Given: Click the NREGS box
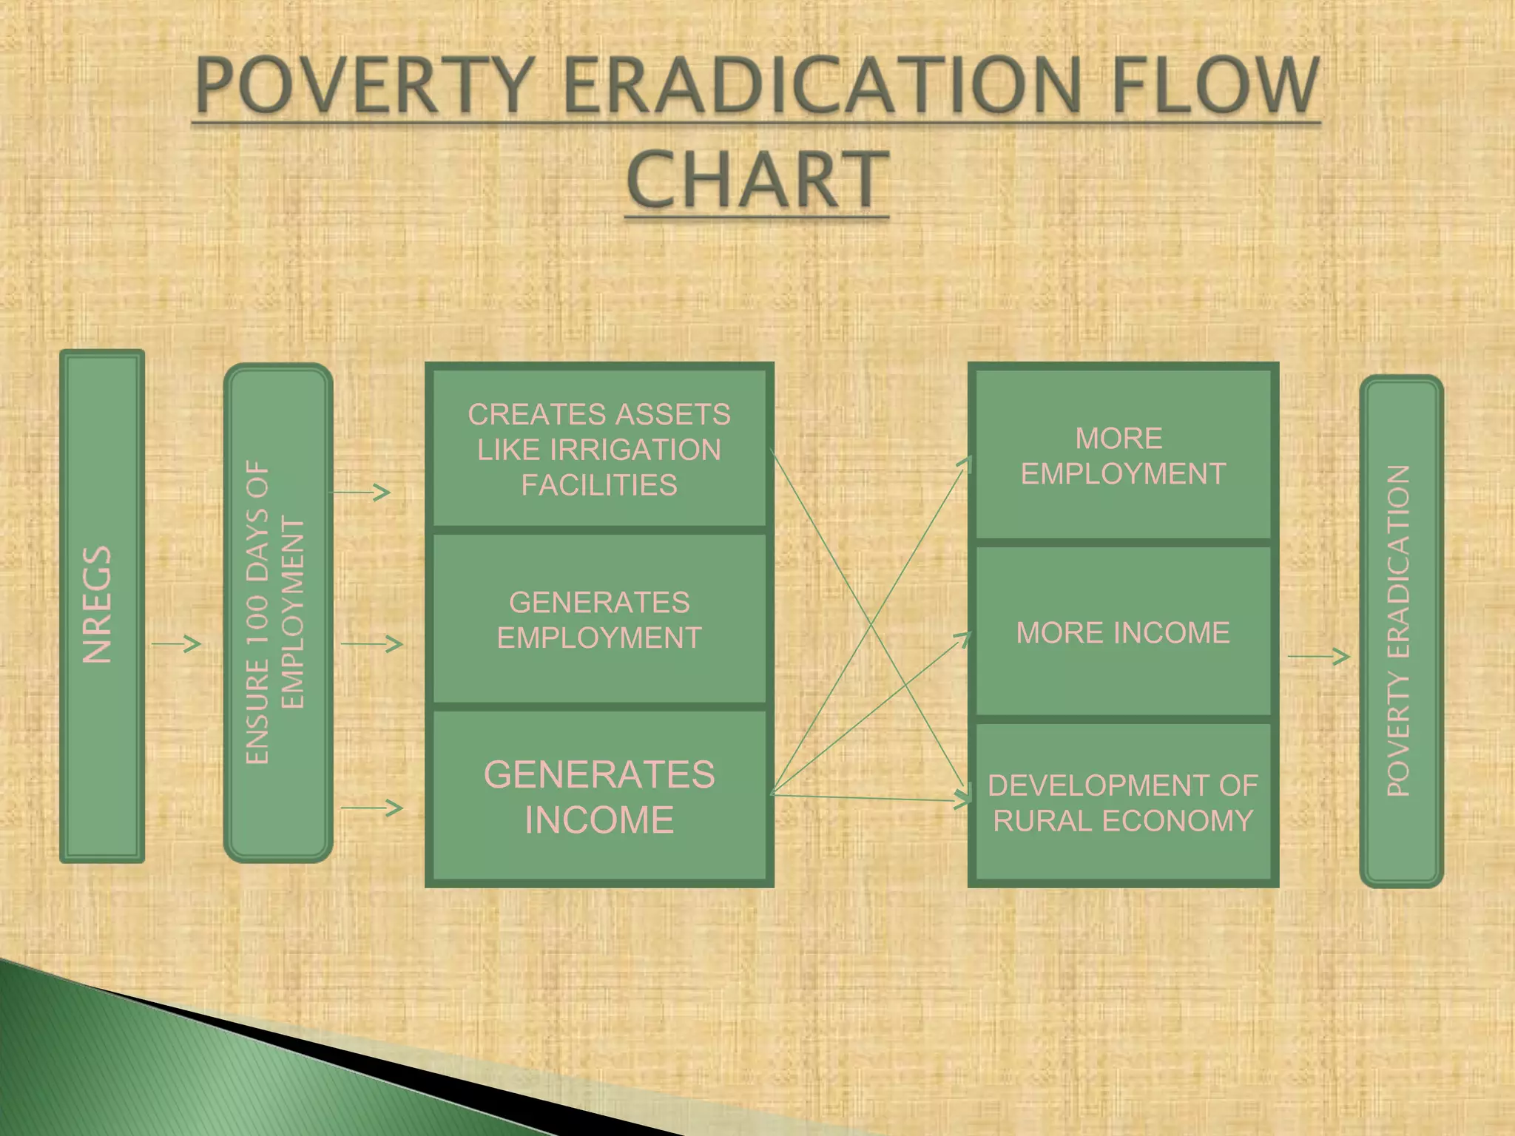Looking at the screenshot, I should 101,605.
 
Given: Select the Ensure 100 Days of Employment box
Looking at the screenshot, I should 277,612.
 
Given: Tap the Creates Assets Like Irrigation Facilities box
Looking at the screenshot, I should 599,449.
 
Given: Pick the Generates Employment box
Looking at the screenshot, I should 599,620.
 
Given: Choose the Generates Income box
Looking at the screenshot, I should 599,797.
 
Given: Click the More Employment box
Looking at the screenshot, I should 1123,456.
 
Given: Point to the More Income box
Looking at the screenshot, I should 1123,632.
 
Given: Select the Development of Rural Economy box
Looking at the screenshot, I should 1123,802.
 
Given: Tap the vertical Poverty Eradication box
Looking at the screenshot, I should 1401,631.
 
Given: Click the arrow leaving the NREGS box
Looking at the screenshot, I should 176,644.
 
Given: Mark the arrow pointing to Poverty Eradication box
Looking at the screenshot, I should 1318,656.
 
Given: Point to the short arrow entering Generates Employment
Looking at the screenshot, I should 371,644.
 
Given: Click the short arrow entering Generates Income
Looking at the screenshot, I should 371,808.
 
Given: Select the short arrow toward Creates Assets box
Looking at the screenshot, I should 360,492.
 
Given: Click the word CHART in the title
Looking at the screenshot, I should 756,179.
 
